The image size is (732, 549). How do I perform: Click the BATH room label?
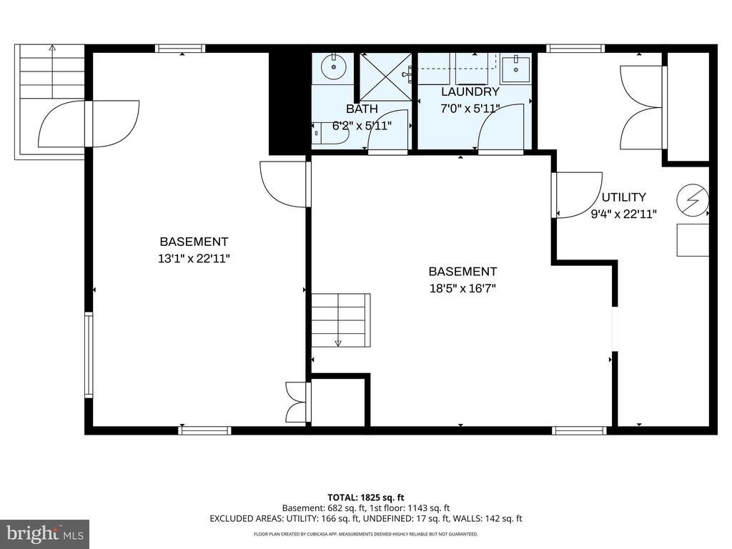pos(362,109)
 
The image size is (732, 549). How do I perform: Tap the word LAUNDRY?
pos(470,92)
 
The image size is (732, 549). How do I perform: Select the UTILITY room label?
pos(623,197)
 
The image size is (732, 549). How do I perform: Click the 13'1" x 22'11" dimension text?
pos(194,258)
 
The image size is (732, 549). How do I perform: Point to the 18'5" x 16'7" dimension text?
pos(463,288)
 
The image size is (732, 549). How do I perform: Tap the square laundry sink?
pos(515,70)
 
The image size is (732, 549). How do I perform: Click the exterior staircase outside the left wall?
pos(50,71)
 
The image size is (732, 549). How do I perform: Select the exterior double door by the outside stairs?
pos(87,124)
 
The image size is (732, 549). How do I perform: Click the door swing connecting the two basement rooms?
pos(285,184)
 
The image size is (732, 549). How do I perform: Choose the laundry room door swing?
pos(500,129)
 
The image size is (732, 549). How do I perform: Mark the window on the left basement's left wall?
pos(89,355)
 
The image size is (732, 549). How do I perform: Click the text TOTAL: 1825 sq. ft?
pos(365,497)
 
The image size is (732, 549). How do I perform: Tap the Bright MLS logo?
pos(44,533)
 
